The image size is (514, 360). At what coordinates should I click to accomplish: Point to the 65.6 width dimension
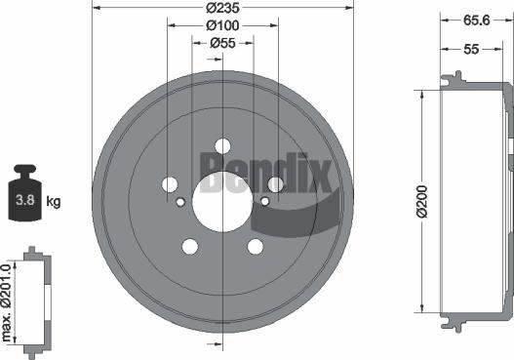coord(475,19)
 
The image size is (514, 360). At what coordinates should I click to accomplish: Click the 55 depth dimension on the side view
coord(472,48)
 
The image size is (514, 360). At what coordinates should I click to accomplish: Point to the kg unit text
coord(54,202)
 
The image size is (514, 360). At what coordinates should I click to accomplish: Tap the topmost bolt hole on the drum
coord(222,146)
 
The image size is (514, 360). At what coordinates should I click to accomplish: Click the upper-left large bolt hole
coord(170,184)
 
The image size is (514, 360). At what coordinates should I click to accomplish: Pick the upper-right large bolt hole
coord(275,184)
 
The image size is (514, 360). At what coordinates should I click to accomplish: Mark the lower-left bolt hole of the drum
coord(189,247)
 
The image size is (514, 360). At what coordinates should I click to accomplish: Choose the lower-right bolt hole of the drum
coord(255,247)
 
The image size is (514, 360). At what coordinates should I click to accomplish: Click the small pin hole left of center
coord(179,202)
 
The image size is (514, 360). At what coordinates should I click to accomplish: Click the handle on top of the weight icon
coord(25,172)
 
